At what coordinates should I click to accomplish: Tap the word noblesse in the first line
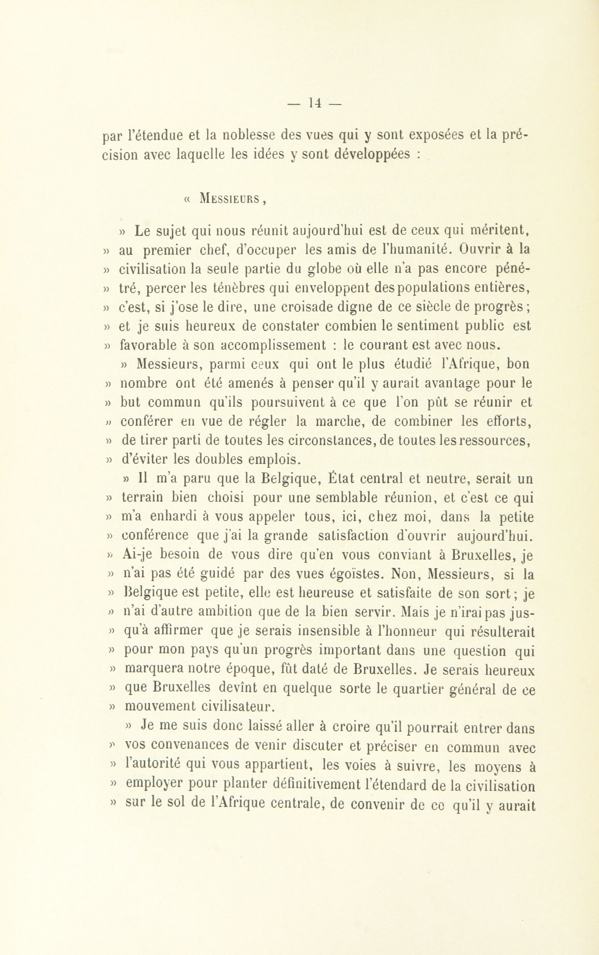pyautogui.click(x=248, y=136)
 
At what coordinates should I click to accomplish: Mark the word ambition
pyautogui.click(x=226, y=612)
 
